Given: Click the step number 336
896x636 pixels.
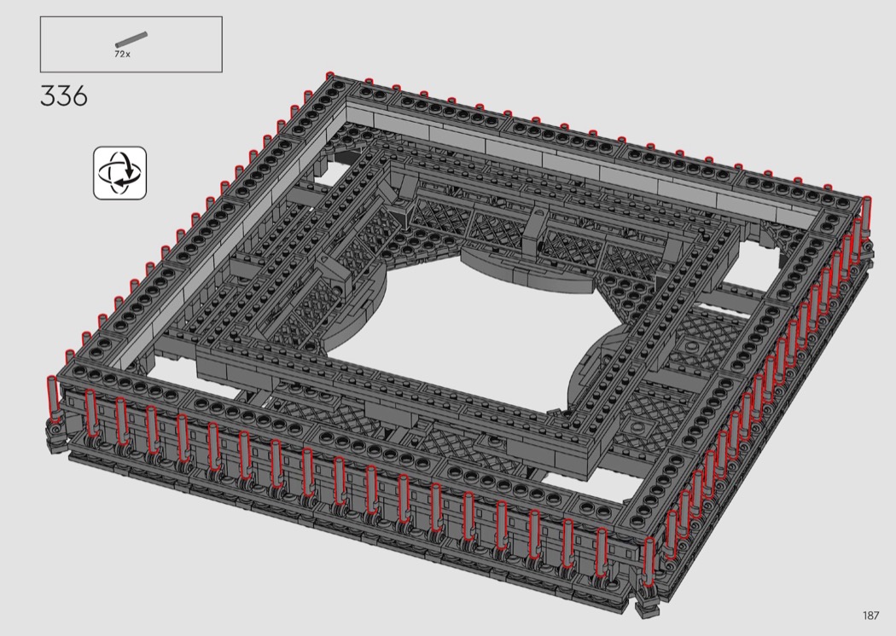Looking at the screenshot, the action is coord(64,96).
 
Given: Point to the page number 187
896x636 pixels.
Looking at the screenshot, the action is coord(871,615).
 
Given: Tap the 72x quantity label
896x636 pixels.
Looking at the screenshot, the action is coord(122,55).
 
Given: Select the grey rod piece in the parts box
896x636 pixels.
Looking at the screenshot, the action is coord(131,39).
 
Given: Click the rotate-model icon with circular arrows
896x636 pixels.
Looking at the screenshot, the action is coord(120,173).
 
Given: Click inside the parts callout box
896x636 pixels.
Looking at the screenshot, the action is coord(131,44).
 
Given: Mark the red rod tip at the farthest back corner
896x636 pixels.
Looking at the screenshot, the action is coord(329,75).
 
